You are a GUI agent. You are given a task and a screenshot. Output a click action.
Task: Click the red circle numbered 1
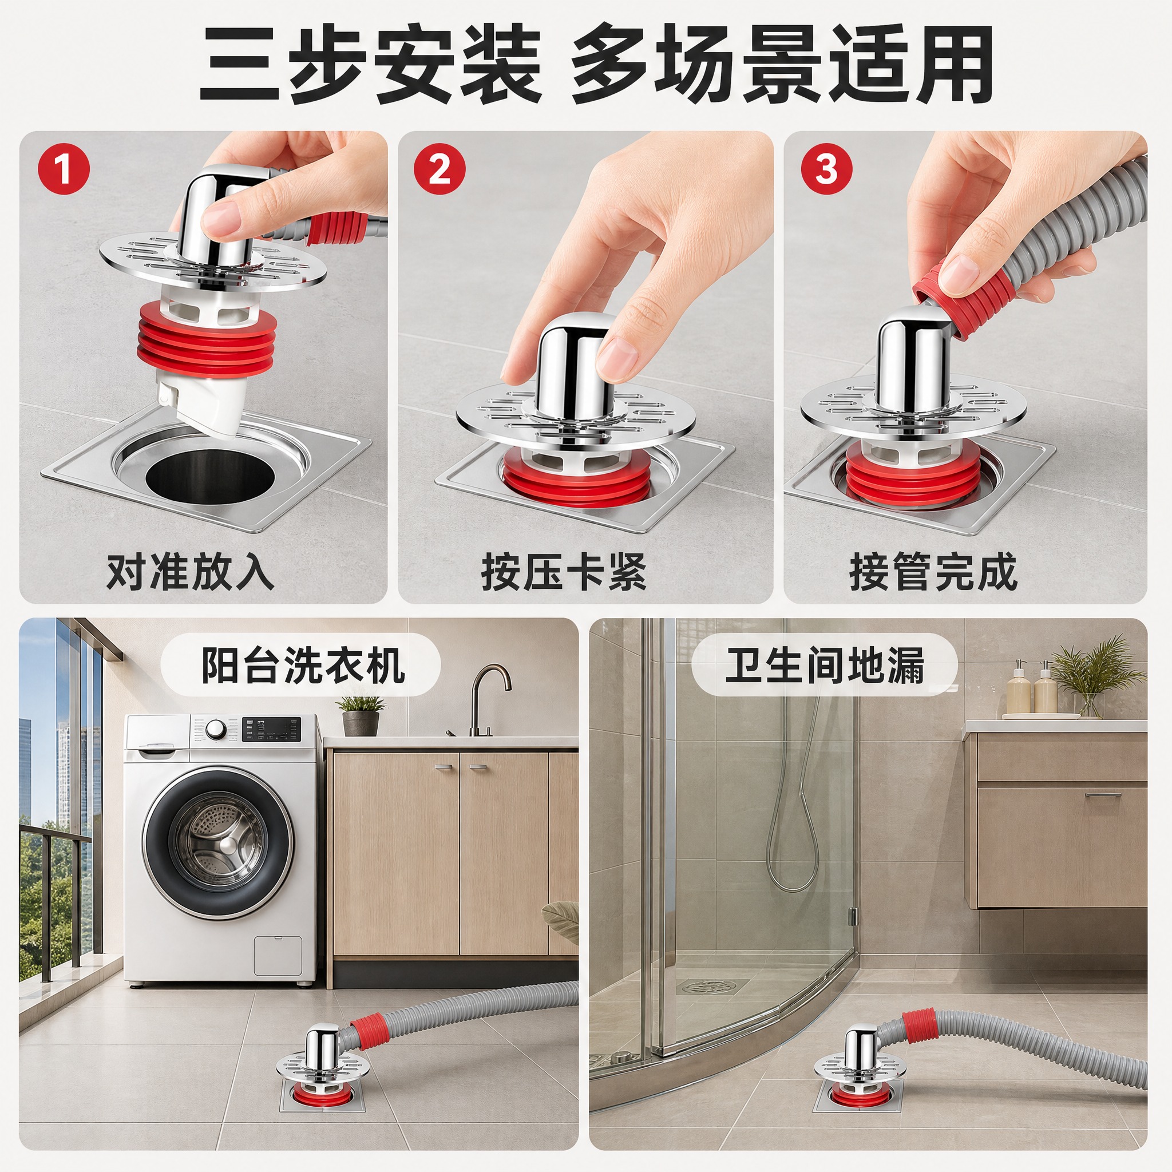tap(64, 169)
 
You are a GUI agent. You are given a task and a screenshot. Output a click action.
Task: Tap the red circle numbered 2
tap(440, 169)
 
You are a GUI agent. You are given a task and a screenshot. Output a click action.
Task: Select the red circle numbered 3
tap(826, 169)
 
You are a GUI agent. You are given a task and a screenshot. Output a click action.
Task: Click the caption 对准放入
tap(191, 572)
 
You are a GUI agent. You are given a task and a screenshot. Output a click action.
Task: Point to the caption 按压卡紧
tap(564, 572)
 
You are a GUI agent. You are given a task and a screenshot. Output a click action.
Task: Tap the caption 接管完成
tap(933, 572)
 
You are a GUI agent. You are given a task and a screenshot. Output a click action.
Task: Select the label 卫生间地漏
tap(825, 665)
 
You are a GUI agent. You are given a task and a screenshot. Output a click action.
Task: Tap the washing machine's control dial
tap(214, 729)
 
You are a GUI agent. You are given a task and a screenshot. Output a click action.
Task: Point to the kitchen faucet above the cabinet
tap(485, 700)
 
